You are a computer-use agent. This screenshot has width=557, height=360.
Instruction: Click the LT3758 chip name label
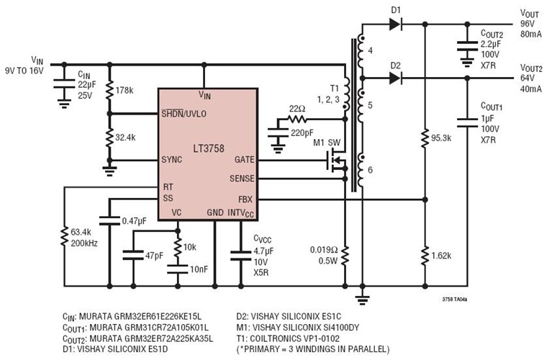click(209, 149)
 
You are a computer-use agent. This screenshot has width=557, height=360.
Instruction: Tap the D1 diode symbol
click(394, 24)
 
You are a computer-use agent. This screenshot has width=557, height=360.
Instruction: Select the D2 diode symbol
click(394, 77)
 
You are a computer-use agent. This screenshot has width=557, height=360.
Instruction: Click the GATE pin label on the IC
click(243, 160)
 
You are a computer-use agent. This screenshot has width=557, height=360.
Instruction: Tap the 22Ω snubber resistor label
click(297, 108)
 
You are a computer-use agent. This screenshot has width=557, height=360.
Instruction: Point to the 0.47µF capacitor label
click(136, 220)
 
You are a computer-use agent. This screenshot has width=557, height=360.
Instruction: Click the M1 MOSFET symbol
click(335, 163)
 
